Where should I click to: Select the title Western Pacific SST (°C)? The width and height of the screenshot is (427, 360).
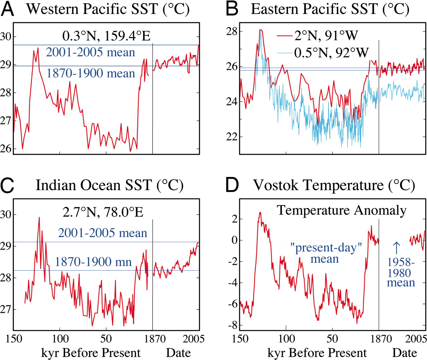point(108,9)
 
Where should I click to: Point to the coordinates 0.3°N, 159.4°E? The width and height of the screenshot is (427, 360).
point(106,36)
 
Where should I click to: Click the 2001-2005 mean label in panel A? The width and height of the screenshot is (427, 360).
point(90,52)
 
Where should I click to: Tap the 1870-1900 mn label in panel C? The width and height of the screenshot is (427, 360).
point(93,262)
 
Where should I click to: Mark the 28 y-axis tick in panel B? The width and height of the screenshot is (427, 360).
point(233,31)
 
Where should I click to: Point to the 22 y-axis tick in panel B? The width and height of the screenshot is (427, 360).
point(233,137)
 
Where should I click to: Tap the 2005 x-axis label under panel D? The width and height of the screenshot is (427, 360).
point(416,339)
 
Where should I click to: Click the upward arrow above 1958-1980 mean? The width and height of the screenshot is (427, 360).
point(396,248)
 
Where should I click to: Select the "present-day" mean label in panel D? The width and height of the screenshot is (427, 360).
point(326,253)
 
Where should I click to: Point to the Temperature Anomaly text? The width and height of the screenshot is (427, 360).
point(342,210)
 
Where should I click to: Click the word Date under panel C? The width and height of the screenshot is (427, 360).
point(178,353)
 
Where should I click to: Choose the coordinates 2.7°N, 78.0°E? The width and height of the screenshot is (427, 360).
point(103,212)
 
